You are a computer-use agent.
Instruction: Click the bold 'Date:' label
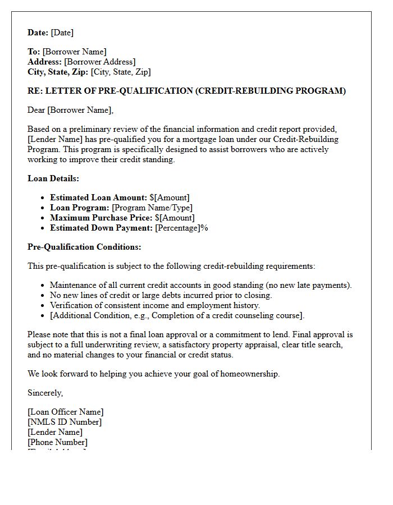point(38,33)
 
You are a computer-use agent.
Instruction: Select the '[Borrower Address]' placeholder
point(99,62)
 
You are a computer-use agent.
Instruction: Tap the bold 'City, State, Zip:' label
point(58,72)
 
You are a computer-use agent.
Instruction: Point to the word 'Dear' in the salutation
point(36,110)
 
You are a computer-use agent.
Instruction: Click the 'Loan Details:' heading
point(53,178)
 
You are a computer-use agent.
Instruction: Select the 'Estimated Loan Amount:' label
point(98,198)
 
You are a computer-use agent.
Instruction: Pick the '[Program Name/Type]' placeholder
point(152,208)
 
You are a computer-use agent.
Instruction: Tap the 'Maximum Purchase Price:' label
point(101,218)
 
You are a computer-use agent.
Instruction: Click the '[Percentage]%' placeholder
point(181,228)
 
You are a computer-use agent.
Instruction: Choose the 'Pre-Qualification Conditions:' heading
point(84,247)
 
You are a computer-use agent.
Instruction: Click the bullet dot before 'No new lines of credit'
point(43,296)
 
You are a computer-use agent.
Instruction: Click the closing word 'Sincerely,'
point(45,393)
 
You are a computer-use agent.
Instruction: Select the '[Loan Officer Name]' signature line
point(65,412)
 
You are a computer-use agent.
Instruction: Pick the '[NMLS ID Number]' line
point(65,422)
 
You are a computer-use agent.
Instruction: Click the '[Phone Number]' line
point(57,442)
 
